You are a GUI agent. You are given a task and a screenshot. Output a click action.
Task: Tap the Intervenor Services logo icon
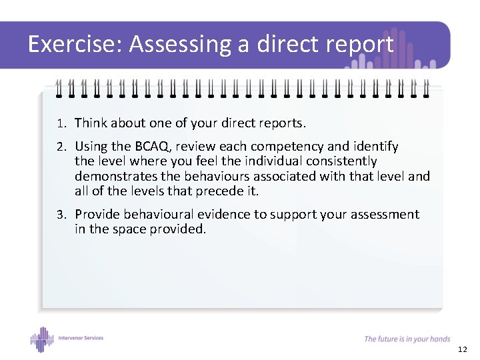(42, 339)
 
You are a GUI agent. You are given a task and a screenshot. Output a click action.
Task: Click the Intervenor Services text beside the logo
(80, 338)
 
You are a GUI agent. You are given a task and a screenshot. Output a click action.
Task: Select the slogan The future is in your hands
(407, 339)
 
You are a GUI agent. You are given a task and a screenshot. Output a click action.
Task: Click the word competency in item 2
(288, 146)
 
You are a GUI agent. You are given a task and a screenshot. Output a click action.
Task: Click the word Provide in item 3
(97, 215)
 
